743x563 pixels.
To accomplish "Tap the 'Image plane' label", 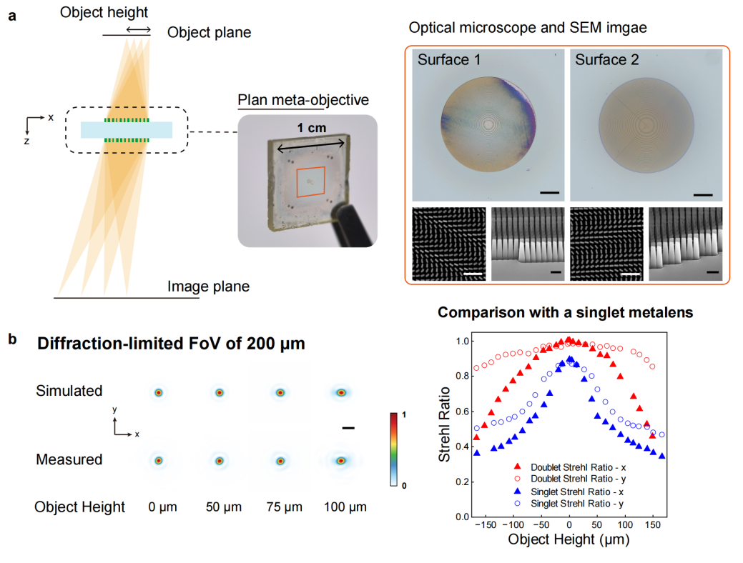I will pos(209,287).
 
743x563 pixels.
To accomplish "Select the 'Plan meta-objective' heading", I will pos(303,99).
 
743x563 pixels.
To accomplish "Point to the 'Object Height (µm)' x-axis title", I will pos(569,541).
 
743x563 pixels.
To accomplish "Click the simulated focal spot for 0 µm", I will pos(159,392).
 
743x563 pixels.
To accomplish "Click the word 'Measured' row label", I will pos(69,459).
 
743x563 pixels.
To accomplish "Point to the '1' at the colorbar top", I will pos(405,415).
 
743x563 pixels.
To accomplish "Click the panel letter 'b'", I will pos(12,338).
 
